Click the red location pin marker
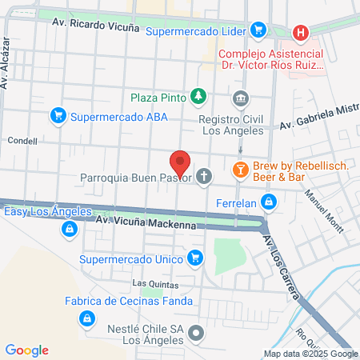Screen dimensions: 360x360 pos(181,163)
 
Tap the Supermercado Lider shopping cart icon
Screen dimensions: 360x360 pos(258,31)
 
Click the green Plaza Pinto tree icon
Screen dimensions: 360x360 pos(197,98)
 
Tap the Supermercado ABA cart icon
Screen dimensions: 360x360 pos(58,116)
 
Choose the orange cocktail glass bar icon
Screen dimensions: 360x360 pos(239,170)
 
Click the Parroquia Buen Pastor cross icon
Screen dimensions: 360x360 pos(205,177)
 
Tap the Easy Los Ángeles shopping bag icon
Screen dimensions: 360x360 pos(70,230)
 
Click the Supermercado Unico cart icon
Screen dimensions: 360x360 pos(194,258)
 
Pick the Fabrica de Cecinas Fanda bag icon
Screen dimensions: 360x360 pos(85,319)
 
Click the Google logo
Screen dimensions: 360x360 pos(27,350)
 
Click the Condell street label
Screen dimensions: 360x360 pos(22,140)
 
